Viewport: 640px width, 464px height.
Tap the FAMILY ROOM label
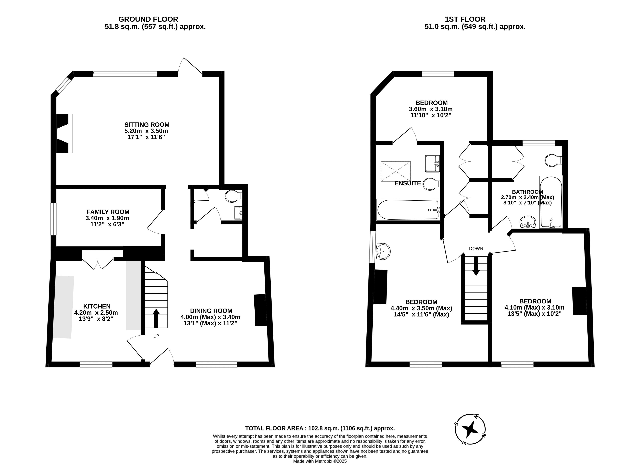[108, 212]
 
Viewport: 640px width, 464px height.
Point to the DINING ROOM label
[211, 311]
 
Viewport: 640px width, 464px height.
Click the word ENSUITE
[408, 183]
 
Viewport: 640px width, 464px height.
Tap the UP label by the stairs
[156, 336]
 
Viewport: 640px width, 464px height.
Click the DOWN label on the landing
[476, 248]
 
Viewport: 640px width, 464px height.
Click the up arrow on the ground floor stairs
[156, 318]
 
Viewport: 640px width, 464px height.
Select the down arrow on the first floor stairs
[476, 266]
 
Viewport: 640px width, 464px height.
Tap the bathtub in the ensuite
[408, 210]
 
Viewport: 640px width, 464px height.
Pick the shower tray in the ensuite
[396, 171]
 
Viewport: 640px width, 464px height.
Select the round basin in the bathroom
[528, 222]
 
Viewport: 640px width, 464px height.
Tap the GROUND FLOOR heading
[148, 19]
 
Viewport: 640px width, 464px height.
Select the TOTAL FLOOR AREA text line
[320, 428]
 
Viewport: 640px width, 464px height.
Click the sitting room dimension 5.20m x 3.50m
[146, 131]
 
